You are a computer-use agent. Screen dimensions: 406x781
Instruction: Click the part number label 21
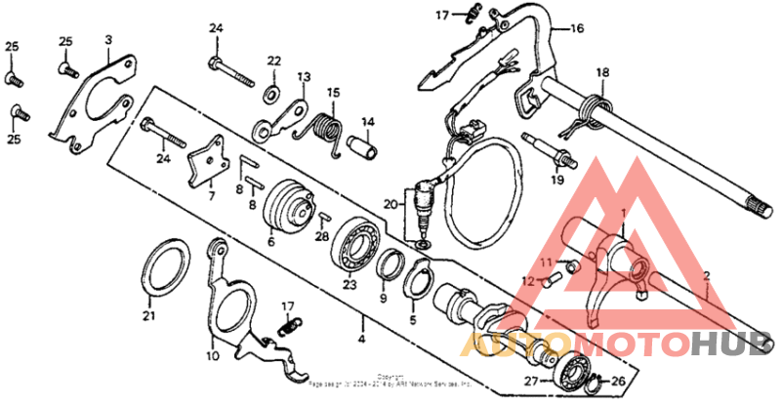(149, 315)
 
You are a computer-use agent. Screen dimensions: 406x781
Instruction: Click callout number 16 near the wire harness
(577, 29)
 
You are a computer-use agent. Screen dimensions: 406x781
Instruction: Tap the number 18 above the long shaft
(602, 72)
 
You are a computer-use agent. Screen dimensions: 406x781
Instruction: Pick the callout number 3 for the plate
(108, 39)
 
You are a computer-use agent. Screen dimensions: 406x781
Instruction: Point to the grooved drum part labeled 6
(288, 205)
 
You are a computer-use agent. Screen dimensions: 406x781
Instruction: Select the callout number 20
(390, 205)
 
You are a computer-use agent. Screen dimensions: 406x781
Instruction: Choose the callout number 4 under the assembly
(362, 339)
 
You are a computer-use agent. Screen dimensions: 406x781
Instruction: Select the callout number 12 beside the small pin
(525, 282)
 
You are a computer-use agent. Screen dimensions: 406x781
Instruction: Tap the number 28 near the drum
(322, 236)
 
